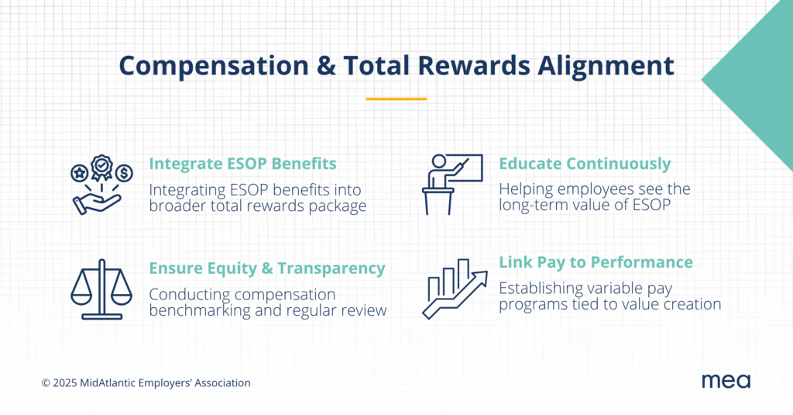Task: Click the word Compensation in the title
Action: pos(214,66)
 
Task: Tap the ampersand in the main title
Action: pos(326,66)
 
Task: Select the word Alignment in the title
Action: pos(606,66)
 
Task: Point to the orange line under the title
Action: pos(396,99)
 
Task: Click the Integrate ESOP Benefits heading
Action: pos(242,164)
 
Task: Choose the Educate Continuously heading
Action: pos(585,164)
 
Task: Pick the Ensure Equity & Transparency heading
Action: pos(267,268)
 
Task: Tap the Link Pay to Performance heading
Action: pos(596,262)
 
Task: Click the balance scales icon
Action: pos(101,289)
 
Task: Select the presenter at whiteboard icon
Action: pos(452,185)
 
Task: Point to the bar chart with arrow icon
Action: pos(455,289)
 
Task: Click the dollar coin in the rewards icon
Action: pos(124,173)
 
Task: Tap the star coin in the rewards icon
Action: pos(80,173)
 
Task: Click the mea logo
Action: pos(726,381)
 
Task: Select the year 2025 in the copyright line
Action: pos(65,383)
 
